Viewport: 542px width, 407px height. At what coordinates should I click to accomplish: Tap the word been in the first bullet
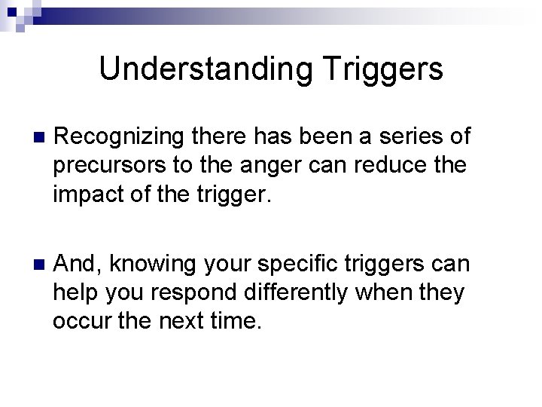(x=330, y=136)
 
